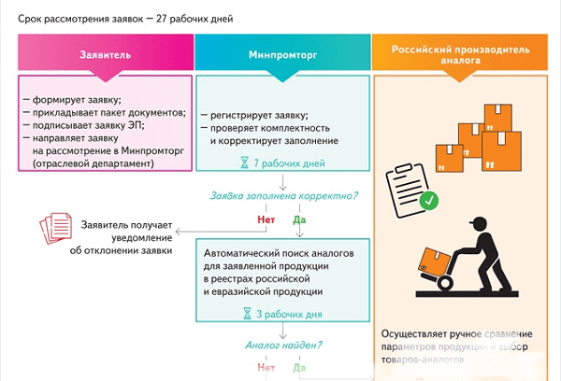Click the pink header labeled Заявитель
pyautogui.click(x=105, y=54)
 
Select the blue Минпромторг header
pyautogui.click(x=282, y=54)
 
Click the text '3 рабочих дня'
pyautogui.click(x=288, y=315)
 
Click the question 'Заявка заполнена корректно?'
pyautogui.click(x=281, y=197)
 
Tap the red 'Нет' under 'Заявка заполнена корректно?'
pyautogui.click(x=266, y=220)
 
